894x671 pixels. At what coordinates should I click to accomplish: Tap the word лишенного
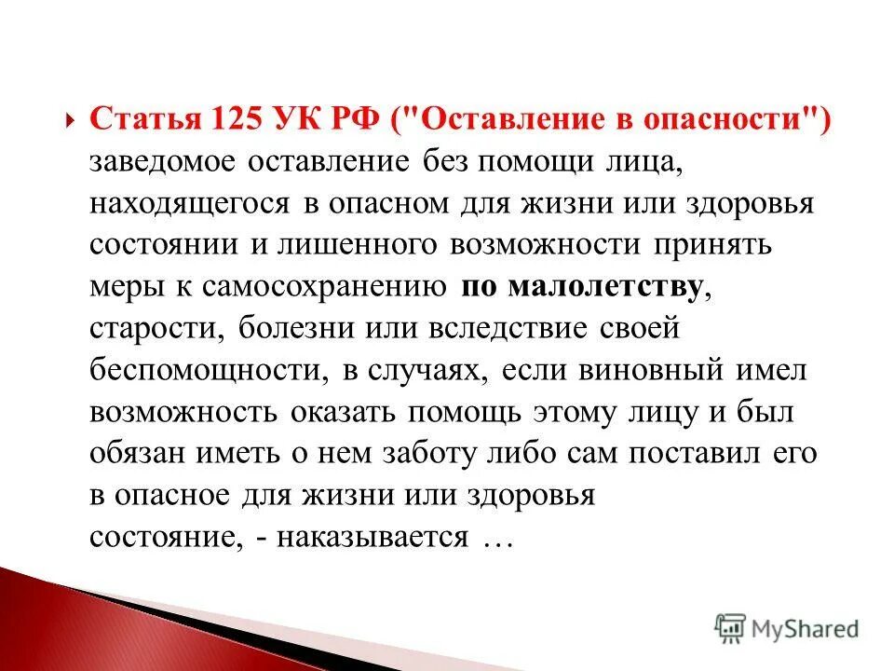359,245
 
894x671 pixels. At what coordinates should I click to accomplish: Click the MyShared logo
786,628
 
